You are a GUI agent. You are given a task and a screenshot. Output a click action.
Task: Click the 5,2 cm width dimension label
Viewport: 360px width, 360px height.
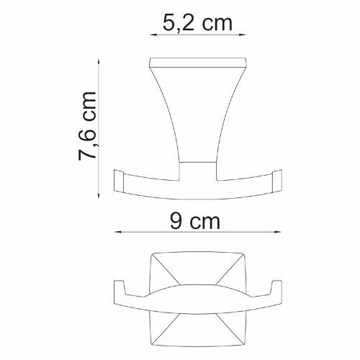click(196, 23)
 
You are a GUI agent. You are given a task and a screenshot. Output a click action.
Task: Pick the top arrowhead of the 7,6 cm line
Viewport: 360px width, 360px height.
click(99, 60)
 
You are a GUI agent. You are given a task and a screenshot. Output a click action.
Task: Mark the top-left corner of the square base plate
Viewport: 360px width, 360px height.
click(153, 254)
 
